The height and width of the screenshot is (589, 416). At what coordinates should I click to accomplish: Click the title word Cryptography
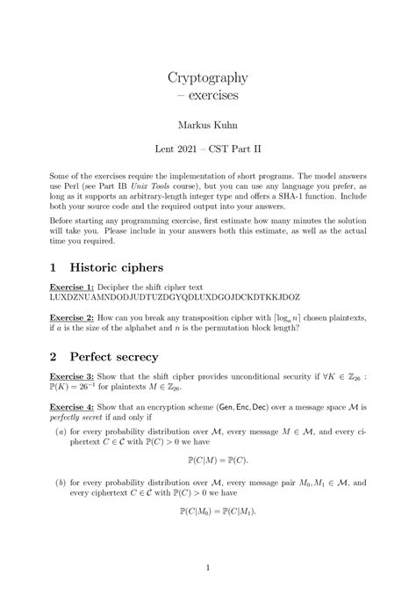coord(208,76)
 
